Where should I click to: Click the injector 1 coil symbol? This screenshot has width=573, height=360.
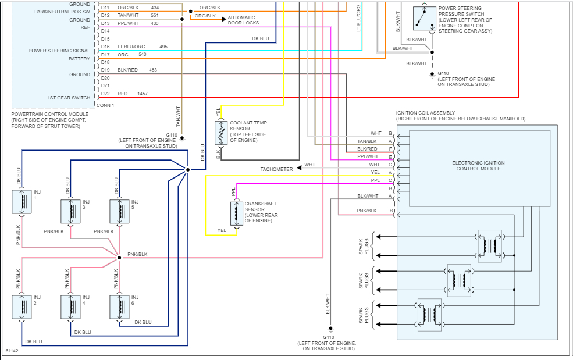pos(22,201)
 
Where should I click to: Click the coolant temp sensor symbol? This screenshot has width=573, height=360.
pos(222,133)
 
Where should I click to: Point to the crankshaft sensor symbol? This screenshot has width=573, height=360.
pos(237,213)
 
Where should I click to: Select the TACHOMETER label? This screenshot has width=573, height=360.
pos(276,169)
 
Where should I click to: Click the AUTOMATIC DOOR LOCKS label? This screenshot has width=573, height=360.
pos(243,20)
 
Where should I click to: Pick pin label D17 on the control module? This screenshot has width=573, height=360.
pos(105,55)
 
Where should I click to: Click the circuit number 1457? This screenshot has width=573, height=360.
pos(143,94)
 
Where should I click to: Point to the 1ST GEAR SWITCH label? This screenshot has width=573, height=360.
pos(69,98)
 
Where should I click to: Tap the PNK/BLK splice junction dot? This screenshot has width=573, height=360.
pos(119,257)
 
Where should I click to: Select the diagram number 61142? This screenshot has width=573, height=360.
pos(13,351)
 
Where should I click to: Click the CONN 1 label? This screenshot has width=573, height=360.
pos(105,105)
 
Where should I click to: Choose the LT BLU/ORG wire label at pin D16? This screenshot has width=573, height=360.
pos(131,47)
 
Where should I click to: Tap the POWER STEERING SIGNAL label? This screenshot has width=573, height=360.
pos(59,51)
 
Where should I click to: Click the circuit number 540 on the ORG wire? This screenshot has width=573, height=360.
pos(143,54)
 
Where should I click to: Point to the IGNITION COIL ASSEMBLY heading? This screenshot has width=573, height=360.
pos(425,113)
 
